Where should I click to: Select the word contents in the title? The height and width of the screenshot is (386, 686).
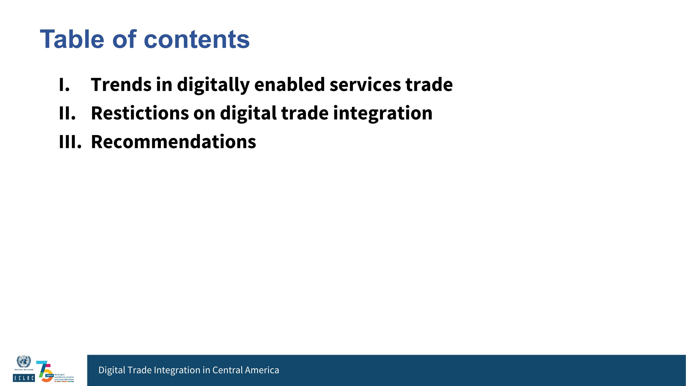point(197,40)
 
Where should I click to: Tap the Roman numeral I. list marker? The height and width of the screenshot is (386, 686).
point(64,85)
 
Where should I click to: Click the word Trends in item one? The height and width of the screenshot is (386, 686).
point(121,85)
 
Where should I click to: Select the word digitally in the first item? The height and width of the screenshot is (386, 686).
point(213,85)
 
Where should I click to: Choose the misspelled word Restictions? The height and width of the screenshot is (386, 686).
point(140,113)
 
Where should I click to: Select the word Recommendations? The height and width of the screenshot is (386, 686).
point(174,142)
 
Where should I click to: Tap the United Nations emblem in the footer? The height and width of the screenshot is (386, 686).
point(24,362)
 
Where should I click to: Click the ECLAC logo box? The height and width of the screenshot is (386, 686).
point(24,378)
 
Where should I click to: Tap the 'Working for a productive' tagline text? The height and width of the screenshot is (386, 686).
point(64,377)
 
